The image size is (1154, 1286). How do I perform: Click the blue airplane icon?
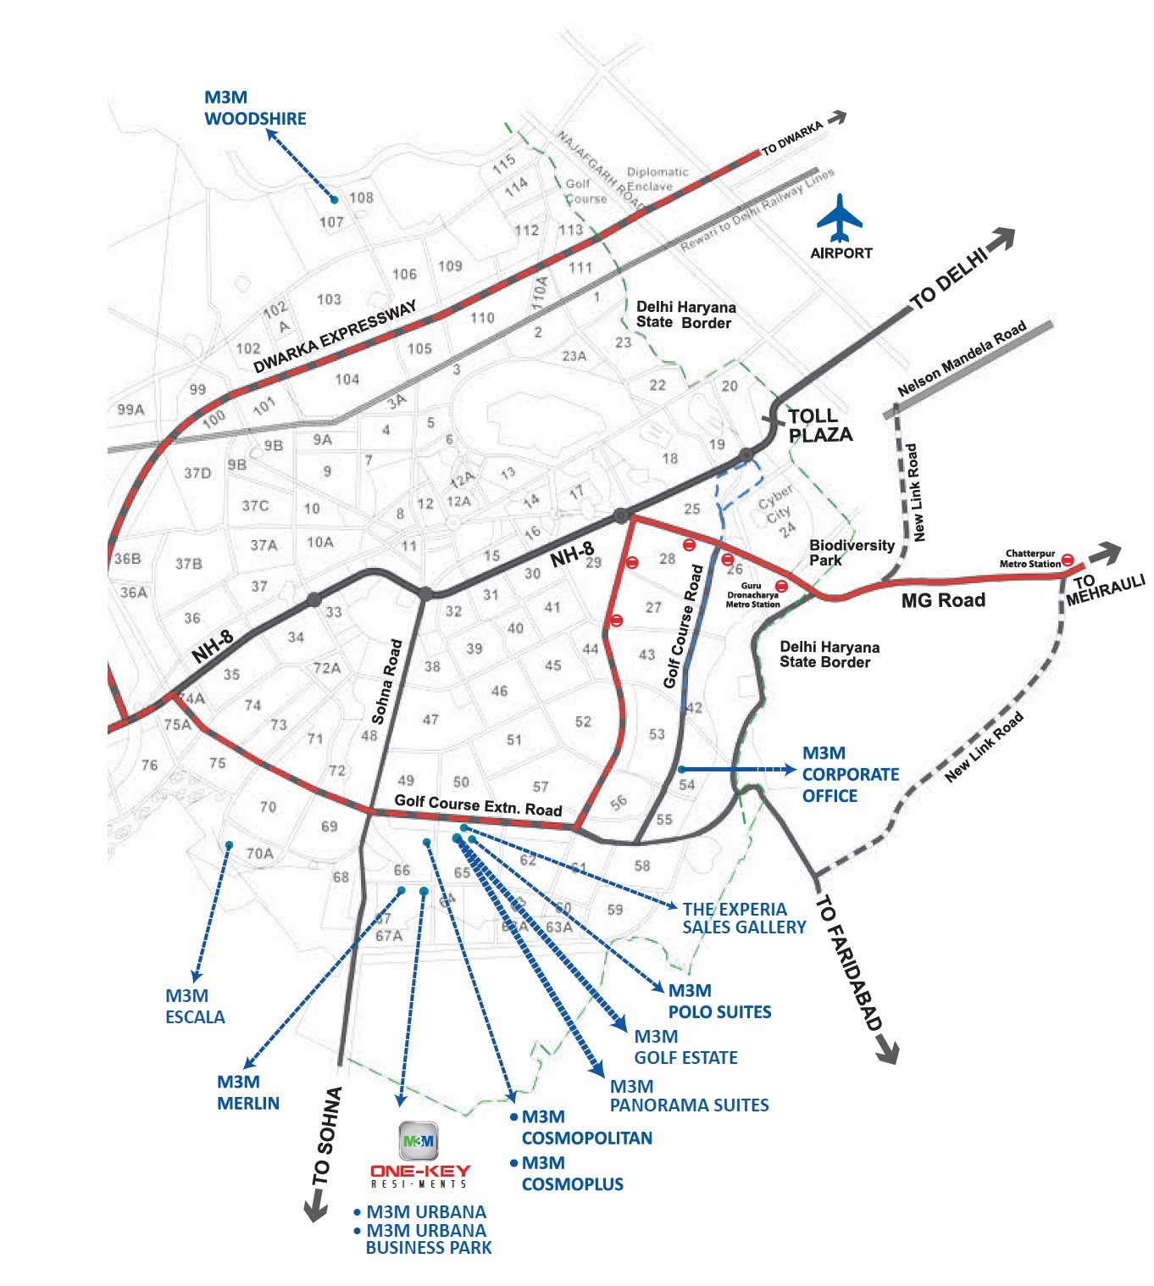pos(840,218)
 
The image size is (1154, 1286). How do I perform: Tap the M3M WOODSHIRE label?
pos(255,109)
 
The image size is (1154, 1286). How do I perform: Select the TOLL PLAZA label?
pos(819,426)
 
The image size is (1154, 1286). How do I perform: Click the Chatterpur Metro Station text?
pos(1029,559)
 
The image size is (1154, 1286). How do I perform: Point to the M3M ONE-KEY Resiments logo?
pos(419,1154)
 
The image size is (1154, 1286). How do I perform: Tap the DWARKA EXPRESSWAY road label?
pos(336,337)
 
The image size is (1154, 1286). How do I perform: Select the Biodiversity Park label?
pos(851,553)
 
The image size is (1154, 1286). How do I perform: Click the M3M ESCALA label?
pos(195,1007)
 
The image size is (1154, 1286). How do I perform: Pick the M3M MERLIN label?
pos(247,1093)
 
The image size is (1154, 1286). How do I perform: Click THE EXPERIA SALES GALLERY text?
pos(744,919)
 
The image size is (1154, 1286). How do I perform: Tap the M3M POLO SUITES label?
pos(719,1002)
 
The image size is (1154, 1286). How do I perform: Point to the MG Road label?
pos(943,600)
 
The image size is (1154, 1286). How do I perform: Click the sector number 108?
pos(361,198)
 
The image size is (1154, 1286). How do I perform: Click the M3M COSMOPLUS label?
pos(572,1174)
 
